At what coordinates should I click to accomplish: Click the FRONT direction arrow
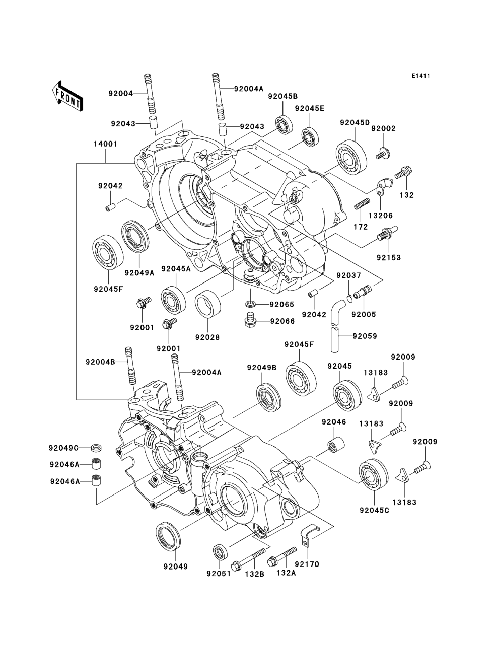pyautogui.click(x=67, y=97)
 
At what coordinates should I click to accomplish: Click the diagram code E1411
pyautogui.click(x=421, y=76)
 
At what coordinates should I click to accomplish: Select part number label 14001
pyautogui.click(x=105, y=144)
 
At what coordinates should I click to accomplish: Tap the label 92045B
pyautogui.click(x=283, y=96)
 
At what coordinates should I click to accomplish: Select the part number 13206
pyautogui.click(x=381, y=216)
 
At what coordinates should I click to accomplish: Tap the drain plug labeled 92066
pyautogui.click(x=250, y=321)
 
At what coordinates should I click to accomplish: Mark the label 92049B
pyautogui.click(x=262, y=368)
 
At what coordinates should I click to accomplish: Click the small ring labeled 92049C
pyautogui.click(x=96, y=448)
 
